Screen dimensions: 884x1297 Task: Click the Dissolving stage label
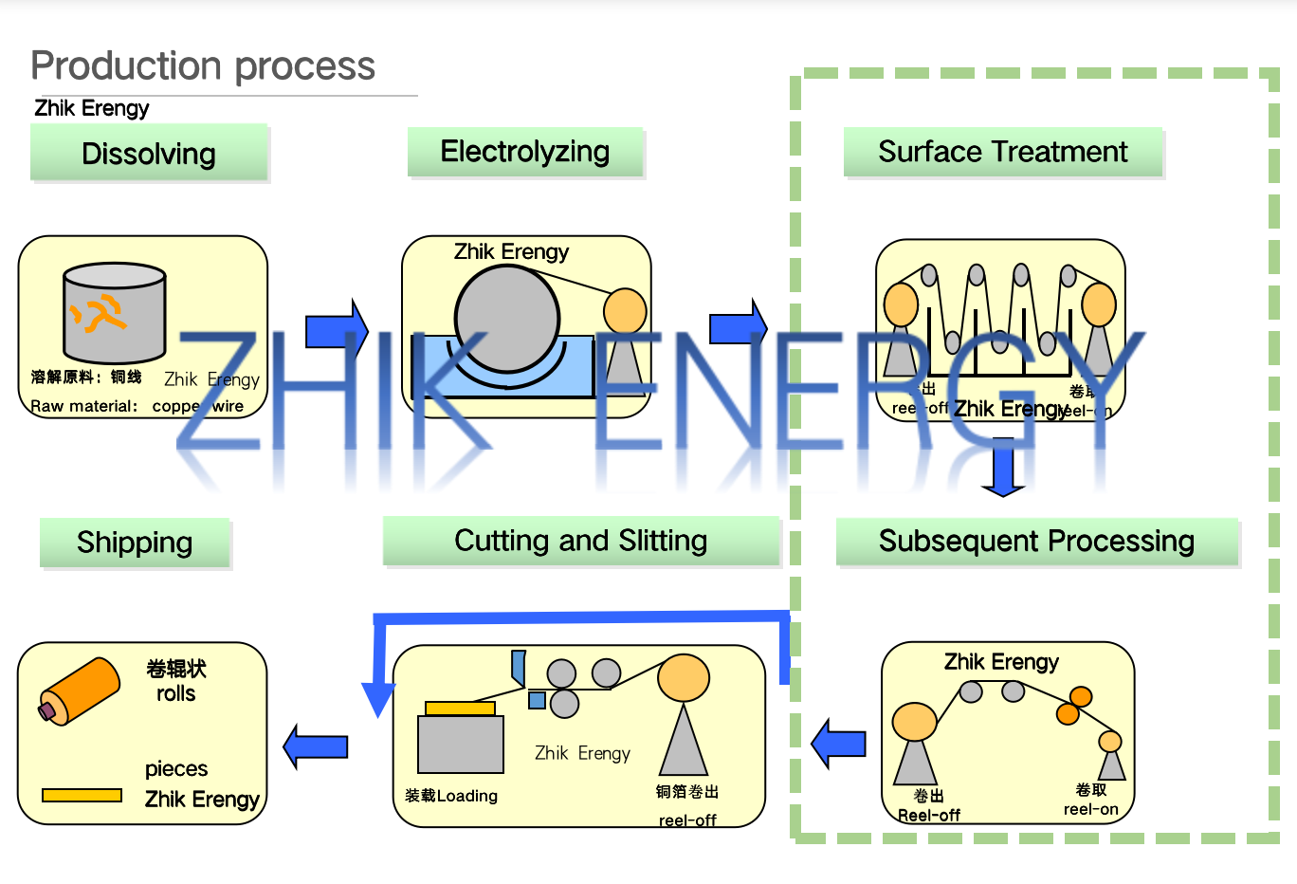[149, 154]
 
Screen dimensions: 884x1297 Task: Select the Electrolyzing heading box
[525, 152]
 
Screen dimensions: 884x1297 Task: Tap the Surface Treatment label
[1002, 152]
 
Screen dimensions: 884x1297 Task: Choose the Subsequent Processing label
[1036, 542]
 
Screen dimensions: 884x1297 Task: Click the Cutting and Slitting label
[580, 541]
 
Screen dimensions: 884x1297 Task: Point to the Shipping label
[135, 543]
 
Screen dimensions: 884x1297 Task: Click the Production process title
[203, 66]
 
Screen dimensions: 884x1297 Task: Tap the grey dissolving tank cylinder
[115, 313]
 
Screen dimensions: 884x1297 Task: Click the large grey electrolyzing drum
[507, 318]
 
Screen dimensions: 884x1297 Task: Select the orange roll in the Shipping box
[81, 690]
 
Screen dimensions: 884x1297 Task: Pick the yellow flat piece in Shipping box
[82, 795]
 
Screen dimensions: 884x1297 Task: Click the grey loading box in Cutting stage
[461, 745]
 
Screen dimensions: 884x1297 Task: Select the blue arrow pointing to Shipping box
[316, 746]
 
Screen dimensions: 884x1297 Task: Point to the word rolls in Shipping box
[176, 693]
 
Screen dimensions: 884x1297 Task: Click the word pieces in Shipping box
[176, 768]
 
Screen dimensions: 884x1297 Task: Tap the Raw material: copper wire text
[137, 406]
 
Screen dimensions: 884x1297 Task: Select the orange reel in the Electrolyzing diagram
[625, 310]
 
